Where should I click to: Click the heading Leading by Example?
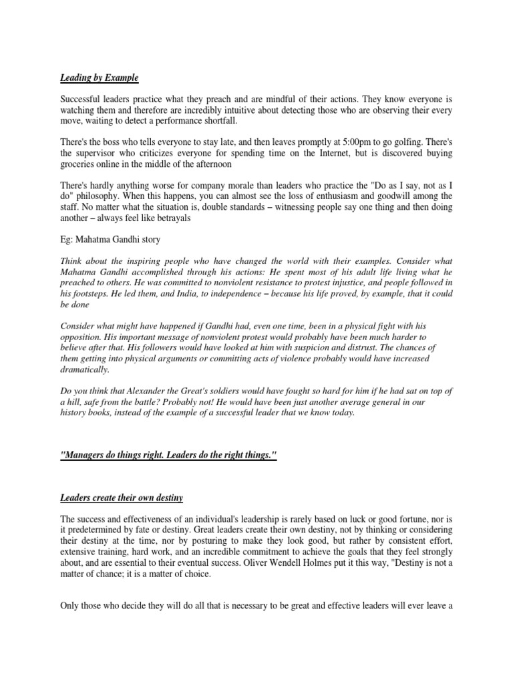[x=99, y=78]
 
